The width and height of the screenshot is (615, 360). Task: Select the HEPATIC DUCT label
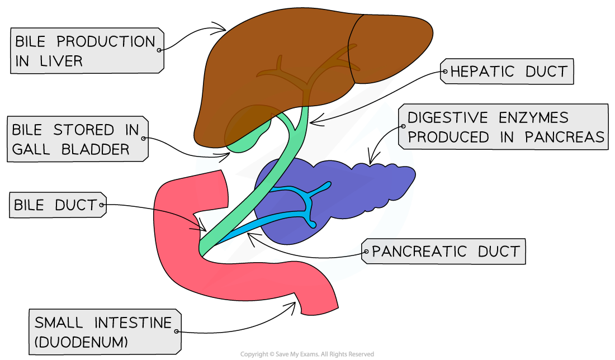[x=509, y=72]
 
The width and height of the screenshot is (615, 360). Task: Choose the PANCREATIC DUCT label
[x=446, y=252]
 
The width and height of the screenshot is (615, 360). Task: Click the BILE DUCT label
[x=55, y=205]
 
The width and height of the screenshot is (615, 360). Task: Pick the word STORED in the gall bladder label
[x=79, y=130]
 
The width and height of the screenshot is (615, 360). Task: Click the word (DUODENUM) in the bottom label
[x=81, y=342]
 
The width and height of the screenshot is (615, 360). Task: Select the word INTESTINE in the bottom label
[x=133, y=323]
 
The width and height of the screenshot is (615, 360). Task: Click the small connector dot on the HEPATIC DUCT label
[x=445, y=72]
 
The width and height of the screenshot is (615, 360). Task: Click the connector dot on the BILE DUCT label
[x=102, y=205]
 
